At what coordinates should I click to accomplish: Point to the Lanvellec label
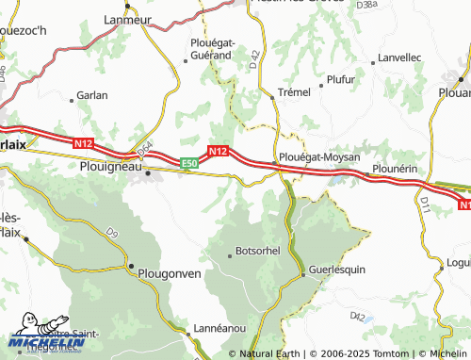coord(399,57)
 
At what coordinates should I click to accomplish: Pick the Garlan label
coord(92,95)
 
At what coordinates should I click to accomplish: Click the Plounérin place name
coord(395,167)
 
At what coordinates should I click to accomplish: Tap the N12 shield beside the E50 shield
coord(219,151)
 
